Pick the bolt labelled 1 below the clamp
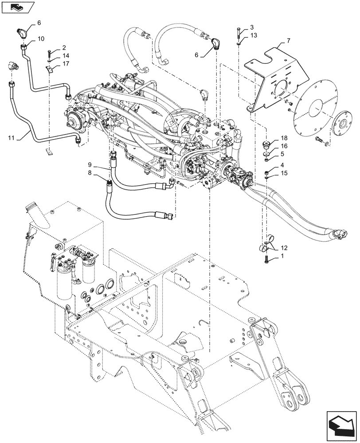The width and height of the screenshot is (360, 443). (x=267, y=257)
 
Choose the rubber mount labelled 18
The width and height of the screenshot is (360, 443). (x=267, y=145)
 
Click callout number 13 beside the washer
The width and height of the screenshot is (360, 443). (x=253, y=35)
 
